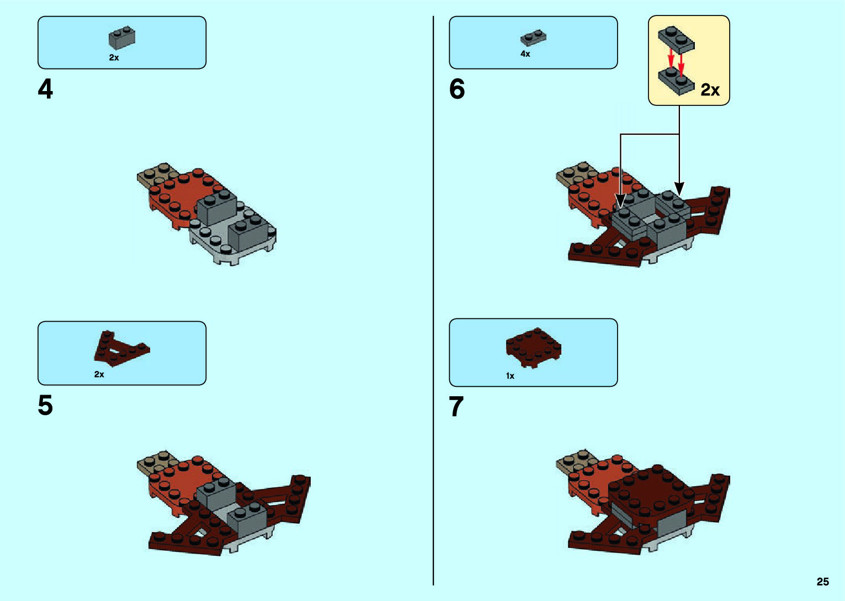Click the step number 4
coord(45,89)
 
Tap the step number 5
coord(45,406)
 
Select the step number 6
coord(457,89)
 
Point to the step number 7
coord(456,407)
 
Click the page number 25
coord(822,582)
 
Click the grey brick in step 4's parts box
coord(122,38)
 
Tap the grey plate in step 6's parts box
coord(533,38)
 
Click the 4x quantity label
coord(525,54)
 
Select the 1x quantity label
coord(510,376)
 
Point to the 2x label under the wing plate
coord(99,374)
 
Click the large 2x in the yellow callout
coord(710,89)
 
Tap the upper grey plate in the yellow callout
coord(676,39)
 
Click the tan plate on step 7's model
coord(574,460)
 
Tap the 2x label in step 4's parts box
coord(114,57)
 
